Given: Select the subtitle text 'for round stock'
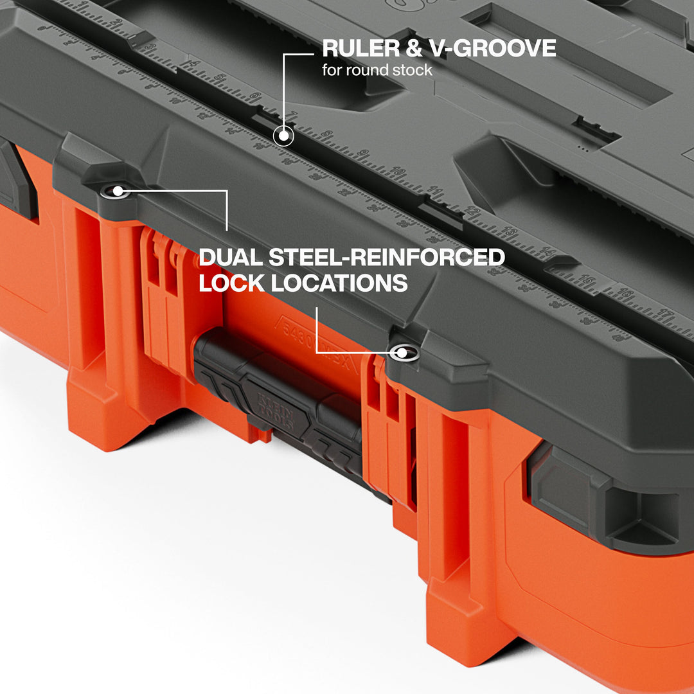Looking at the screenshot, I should [x=377, y=70].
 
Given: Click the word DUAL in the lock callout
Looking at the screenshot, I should [x=230, y=258].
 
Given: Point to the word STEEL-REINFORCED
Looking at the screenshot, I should [x=386, y=258].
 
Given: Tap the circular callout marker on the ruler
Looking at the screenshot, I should [x=283, y=136].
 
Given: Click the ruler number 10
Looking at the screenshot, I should [x=398, y=172].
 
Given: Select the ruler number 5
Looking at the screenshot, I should [x=219, y=79].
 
